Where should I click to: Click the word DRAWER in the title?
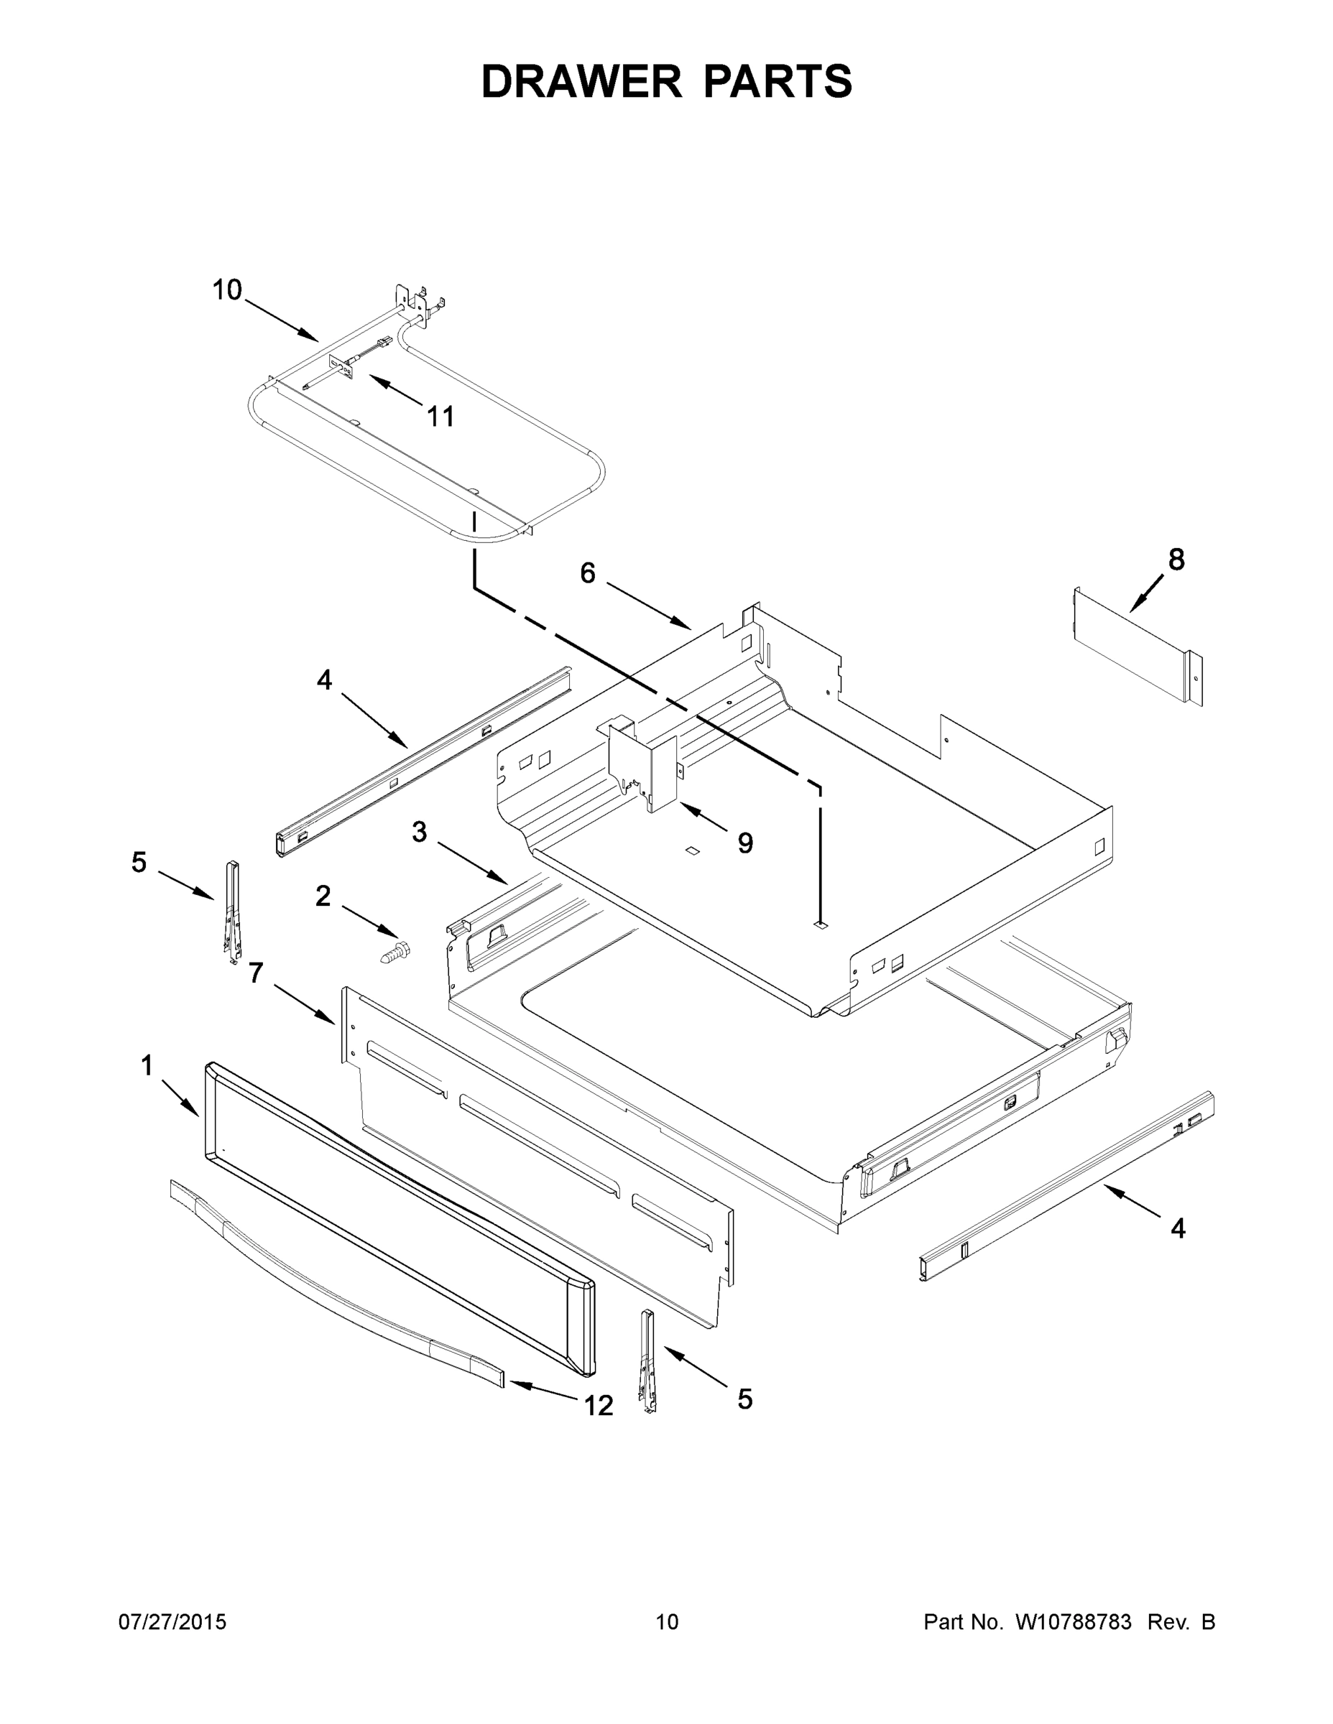click(x=581, y=82)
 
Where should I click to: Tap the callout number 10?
click(x=226, y=290)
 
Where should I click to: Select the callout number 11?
click(x=441, y=416)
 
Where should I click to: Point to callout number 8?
click(x=1176, y=560)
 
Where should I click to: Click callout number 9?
click(x=744, y=843)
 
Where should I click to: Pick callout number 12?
click(x=598, y=1406)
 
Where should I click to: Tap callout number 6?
click(x=588, y=573)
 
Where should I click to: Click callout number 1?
click(x=147, y=1066)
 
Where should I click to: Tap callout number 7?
click(x=255, y=973)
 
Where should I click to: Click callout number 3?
click(x=420, y=831)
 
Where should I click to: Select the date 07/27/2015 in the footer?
click(x=172, y=1622)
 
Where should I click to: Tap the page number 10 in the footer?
click(x=667, y=1622)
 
